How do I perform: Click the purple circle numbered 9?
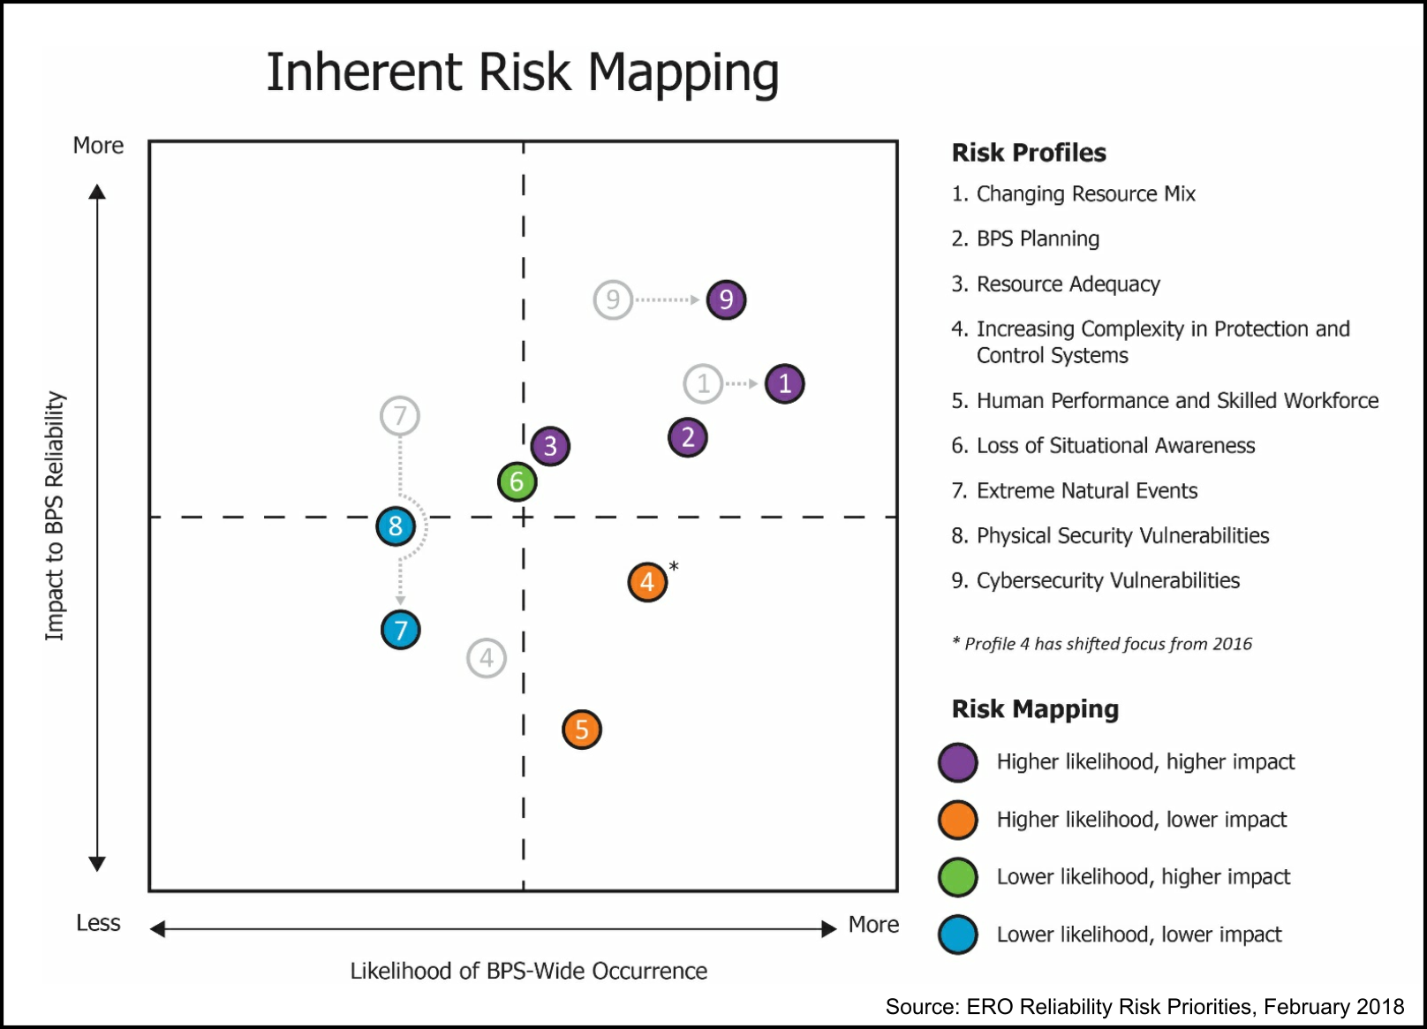click(726, 300)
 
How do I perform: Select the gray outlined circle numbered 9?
click(613, 300)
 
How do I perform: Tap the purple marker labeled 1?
click(784, 384)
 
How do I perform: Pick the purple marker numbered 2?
click(688, 437)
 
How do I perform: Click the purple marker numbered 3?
click(550, 446)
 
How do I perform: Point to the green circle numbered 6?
click(517, 482)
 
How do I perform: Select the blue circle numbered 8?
click(396, 526)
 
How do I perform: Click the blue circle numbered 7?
click(401, 631)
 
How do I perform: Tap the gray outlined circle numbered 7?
click(400, 416)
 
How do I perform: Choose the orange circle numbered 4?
click(647, 582)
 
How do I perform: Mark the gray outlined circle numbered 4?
click(487, 658)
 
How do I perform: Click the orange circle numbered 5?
click(582, 730)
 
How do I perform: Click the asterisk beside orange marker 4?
click(674, 566)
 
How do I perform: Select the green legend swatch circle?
click(958, 877)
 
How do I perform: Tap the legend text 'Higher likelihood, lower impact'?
click(1141, 820)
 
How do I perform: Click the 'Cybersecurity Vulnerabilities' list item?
click(1107, 580)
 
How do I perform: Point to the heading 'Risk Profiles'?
click(1029, 153)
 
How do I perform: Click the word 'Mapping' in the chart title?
click(683, 72)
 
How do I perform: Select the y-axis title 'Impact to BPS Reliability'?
click(55, 516)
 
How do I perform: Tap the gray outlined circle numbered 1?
click(703, 384)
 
